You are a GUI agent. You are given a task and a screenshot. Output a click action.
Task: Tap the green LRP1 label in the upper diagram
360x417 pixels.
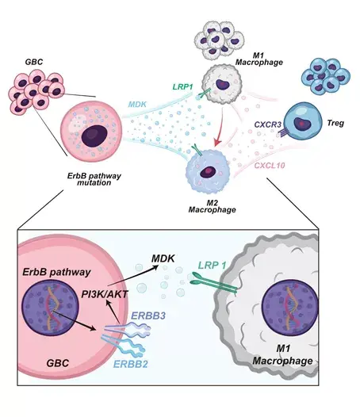click(182, 86)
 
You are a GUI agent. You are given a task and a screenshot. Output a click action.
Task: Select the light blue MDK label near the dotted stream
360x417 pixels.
click(137, 105)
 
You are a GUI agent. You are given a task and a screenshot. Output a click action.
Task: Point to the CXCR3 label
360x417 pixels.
click(268, 124)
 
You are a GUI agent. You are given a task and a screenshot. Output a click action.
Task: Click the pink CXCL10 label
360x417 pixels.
click(270, 166)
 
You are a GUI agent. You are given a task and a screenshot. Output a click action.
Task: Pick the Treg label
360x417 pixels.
click(335, 123)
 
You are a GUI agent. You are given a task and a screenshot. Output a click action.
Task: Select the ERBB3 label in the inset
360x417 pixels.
click(148, 316)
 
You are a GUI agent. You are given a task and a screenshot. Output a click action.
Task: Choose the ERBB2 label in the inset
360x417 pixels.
click(130, 364)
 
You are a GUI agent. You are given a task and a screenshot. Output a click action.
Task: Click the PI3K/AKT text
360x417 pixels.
click(105, 294)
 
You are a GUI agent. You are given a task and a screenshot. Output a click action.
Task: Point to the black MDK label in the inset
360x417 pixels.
click(163, 258)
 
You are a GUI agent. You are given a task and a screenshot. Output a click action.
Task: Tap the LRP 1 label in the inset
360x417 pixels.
click(213, 265)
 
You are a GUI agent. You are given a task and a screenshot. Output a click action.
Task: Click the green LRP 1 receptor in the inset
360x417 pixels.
click(214, 283)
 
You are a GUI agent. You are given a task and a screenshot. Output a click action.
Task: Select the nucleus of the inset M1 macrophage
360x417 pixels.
click(290, 306)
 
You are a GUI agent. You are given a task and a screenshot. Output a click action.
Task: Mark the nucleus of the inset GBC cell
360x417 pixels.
click(50, 307)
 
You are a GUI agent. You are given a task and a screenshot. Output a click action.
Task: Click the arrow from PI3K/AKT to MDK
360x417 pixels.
click(132, 277)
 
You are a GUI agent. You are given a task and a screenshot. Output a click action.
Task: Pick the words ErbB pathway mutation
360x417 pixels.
click(94, 179)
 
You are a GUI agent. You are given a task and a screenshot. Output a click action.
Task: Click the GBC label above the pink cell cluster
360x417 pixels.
click(34, 62)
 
